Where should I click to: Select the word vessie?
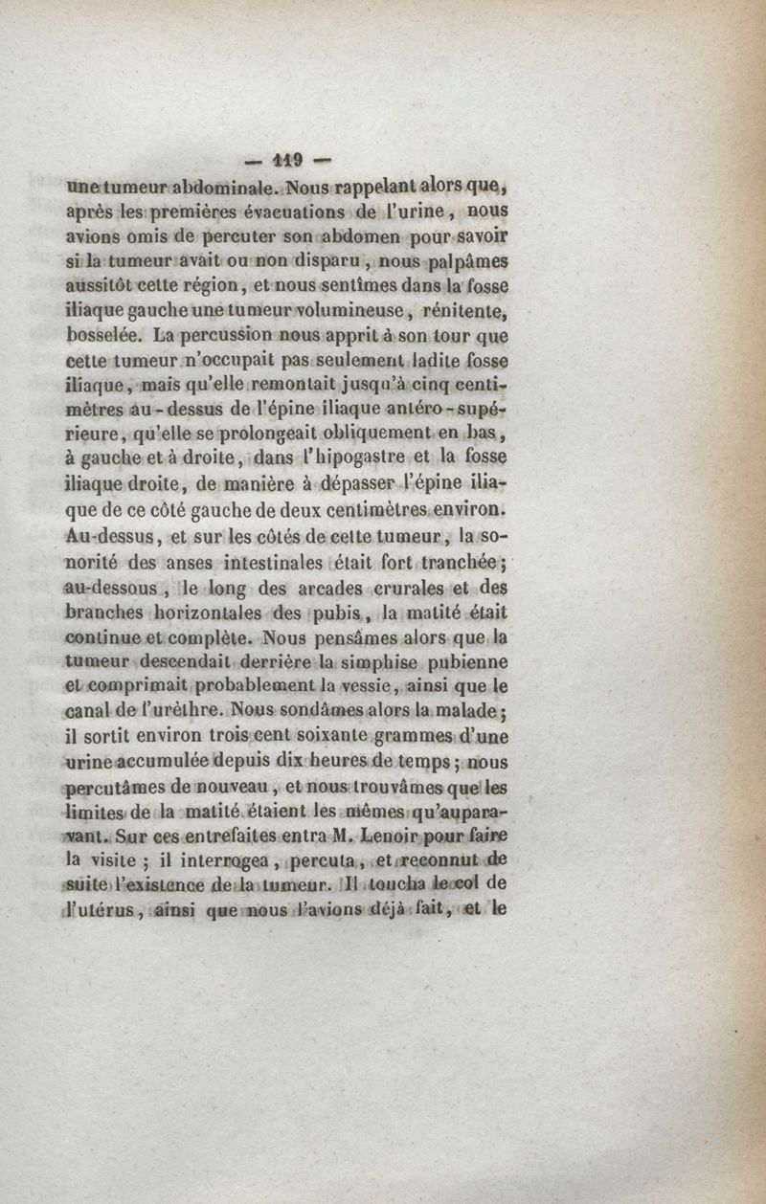coord(352,685)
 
